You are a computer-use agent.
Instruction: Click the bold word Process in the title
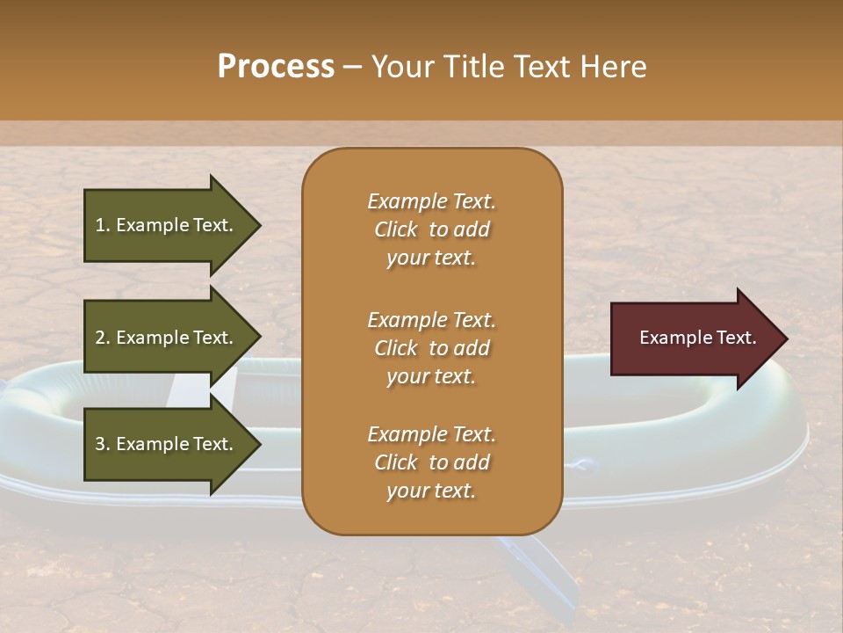[x=276, y=67]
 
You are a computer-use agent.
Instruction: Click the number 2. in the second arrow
[x=103, y=338]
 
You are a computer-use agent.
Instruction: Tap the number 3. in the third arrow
[x=103, y=444]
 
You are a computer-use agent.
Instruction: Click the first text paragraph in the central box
[x=431, y=229]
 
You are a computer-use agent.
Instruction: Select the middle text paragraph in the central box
[x=431, y=347]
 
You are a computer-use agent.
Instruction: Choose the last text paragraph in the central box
[x=431, y=462]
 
